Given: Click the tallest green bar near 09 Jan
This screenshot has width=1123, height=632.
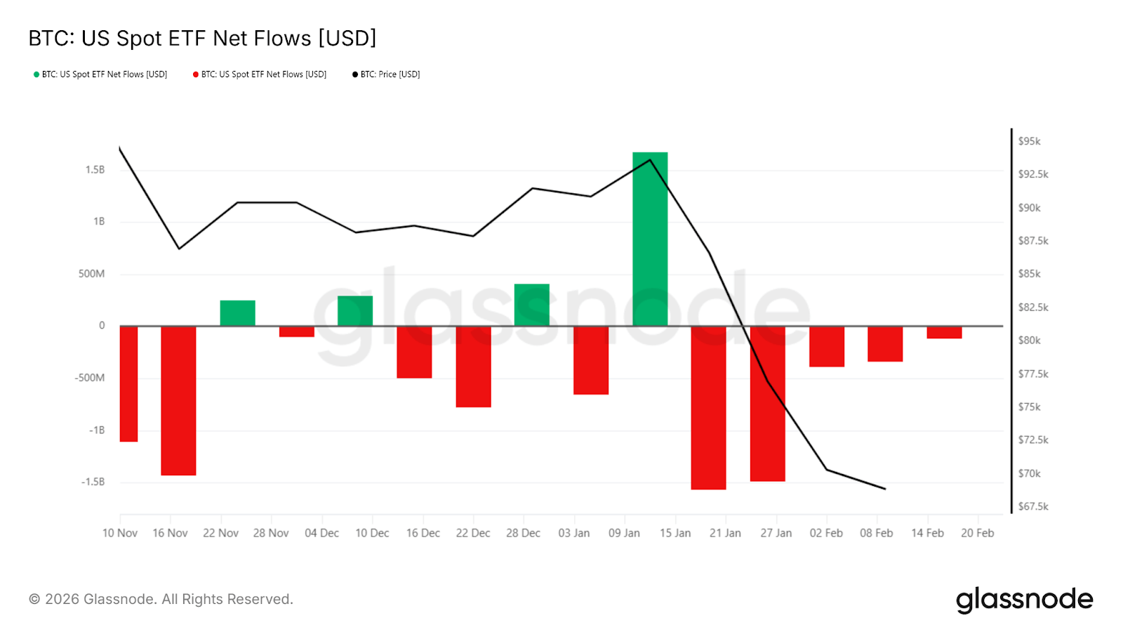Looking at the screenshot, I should (650, 239).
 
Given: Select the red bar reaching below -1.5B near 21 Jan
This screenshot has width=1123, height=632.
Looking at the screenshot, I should (708, 407).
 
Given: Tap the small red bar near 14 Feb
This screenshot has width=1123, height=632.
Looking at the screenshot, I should (944, 332).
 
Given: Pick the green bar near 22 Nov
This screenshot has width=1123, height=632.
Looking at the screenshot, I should (237, 313).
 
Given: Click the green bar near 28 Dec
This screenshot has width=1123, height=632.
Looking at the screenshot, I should (531, 305).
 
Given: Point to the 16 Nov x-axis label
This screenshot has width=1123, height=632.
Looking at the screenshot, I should (170, 533).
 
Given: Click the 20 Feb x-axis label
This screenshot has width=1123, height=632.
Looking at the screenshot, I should (977, 533).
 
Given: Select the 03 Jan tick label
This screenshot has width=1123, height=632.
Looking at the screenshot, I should (573, 533).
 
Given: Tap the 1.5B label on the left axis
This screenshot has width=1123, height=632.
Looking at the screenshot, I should (95, 170).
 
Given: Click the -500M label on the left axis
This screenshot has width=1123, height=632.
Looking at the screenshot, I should (90, 378).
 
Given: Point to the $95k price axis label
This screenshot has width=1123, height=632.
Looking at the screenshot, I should (1029, 141).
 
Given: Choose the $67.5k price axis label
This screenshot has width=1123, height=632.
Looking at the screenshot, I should (1033, 506).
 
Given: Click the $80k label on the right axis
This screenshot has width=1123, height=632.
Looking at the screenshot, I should (1029, 341).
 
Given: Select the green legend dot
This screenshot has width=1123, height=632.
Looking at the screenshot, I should (36, 74).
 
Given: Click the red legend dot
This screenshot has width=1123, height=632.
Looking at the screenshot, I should (196, 74).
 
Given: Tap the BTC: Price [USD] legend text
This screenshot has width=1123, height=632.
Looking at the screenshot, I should (390, 74).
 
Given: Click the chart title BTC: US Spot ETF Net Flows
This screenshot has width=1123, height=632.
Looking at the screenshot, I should (202, 38).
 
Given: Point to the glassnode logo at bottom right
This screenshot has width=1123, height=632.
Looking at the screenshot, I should (1024, 600).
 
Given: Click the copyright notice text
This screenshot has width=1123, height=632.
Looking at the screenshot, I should (161, 599).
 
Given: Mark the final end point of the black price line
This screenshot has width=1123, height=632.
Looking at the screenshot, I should (885, 489).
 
